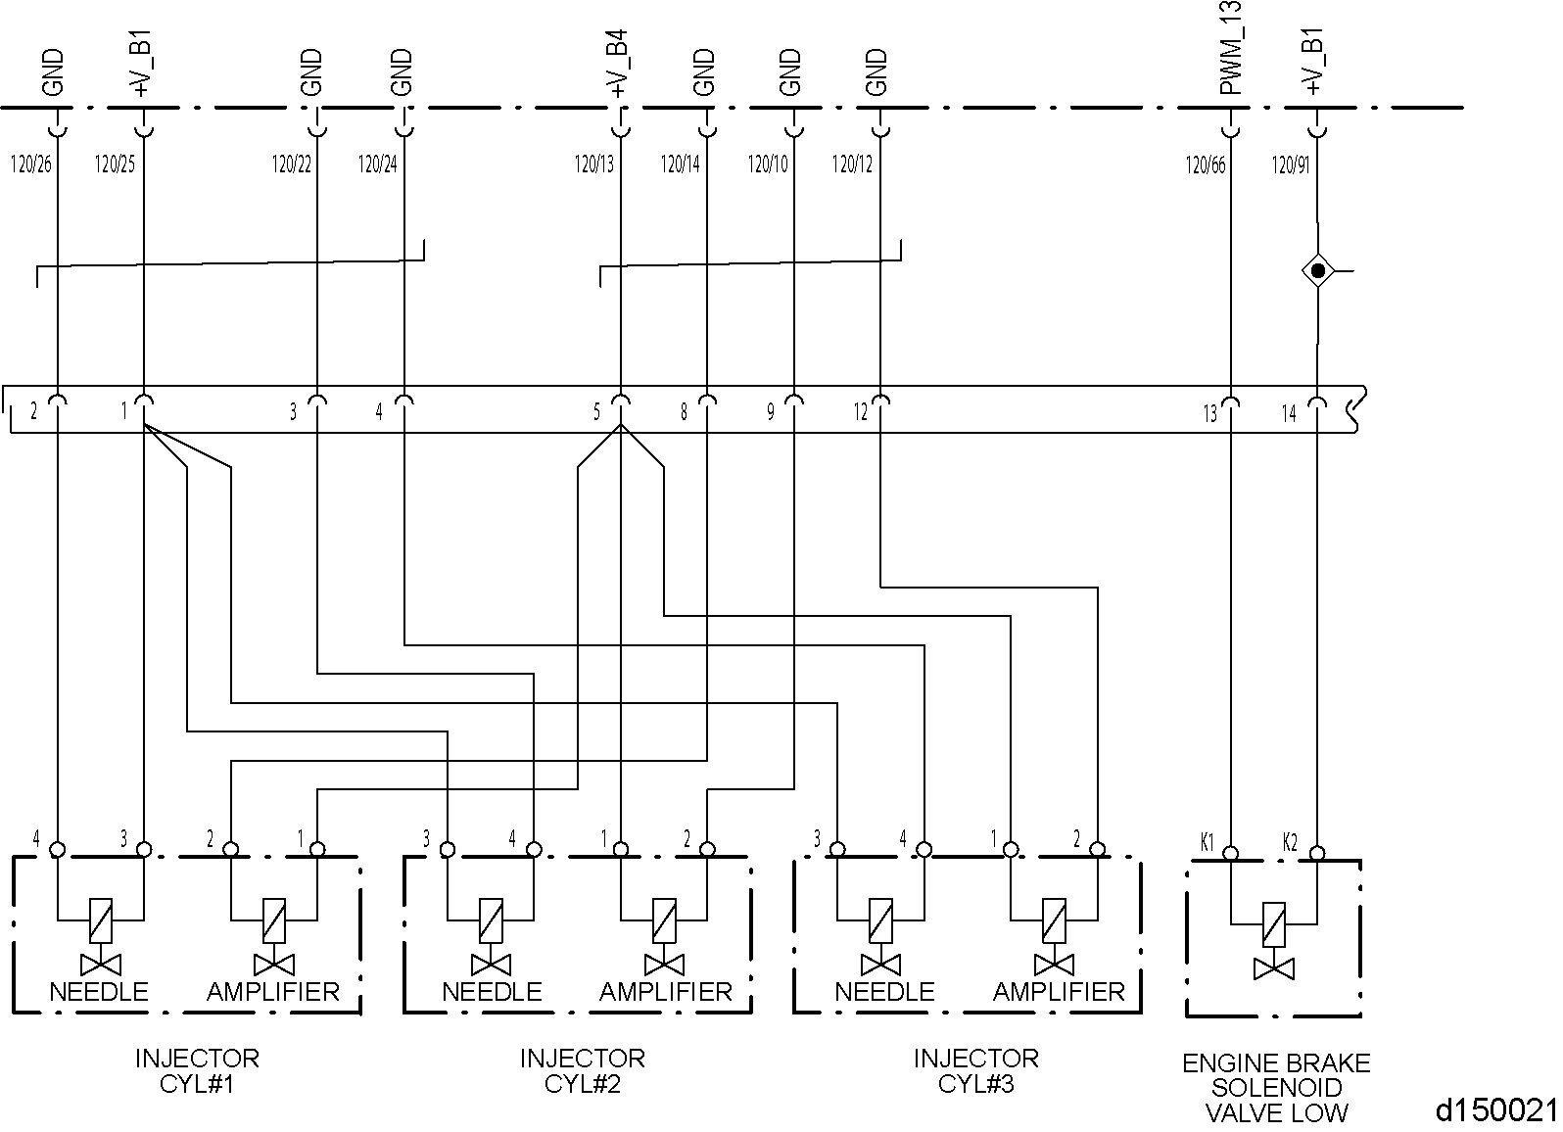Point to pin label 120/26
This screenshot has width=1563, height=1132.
tap(30, 165)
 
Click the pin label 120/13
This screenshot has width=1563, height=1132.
tap(594, 165)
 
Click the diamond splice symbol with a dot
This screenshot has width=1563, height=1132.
tap(1317, 270)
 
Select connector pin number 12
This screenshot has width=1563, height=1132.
tap(860, 413)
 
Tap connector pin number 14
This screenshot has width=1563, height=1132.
tap(1289, 414)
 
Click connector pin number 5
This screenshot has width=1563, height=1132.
tap(596, 413)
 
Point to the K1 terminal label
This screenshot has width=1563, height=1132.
tap(1208, 841)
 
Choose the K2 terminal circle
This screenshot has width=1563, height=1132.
tap(1317, 854)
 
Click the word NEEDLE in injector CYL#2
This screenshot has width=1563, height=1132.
tap(492, 992)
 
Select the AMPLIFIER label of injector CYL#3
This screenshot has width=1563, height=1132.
tap(1059, 992)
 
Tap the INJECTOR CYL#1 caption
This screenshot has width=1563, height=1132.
tap(197, 1071)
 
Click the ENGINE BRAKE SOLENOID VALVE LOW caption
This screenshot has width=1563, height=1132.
tap(1275, 1088)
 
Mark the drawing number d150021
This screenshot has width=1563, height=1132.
tap(1495, 1110)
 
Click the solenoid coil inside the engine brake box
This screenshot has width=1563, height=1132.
tap(1273, 923)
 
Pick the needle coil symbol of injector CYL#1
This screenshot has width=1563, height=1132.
tap(101, 920)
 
